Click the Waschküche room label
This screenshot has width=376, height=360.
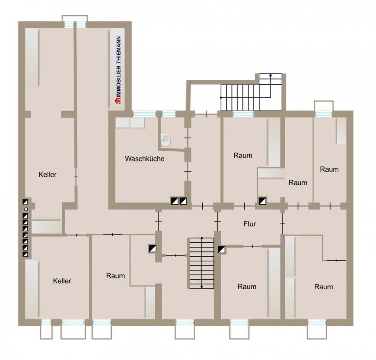[x=145, y=159]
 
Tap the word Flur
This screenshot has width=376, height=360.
[x=250, y=224]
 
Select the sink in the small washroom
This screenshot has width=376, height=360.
[x=166, y=140]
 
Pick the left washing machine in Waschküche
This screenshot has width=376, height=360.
[x=123, y=123]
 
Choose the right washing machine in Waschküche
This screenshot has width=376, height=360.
[x=138, y=123]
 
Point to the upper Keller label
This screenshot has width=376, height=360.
[x=47, y=174]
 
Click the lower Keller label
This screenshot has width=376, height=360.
[x=62, y=281]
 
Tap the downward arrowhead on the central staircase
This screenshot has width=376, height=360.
[x=201, y=286]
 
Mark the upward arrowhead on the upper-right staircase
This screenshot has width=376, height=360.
[x=271, y=75]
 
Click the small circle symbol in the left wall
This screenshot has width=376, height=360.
[x=26, y=209]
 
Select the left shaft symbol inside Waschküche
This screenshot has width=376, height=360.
[x=174, y=201]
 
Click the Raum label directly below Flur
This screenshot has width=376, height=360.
[x=247, y=286]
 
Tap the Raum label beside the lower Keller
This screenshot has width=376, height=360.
[x=115, y=276]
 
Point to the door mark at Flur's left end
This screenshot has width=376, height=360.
[x=217, y=222]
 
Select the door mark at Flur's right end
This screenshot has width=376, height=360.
[x=283, y=224]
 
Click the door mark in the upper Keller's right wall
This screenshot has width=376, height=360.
[x=76, y=177]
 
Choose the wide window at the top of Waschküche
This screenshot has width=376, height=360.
[x=145, y=114]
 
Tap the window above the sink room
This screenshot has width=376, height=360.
[x=169, y=114]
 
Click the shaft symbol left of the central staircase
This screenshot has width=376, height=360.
[x=152, y=248]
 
